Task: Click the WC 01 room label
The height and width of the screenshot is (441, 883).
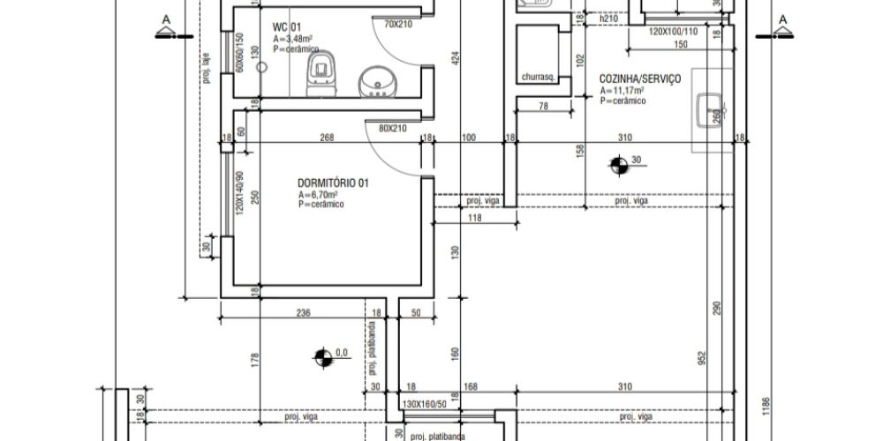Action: [x=287, y=27]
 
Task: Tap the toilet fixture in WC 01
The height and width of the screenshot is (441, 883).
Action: [x=321, y=73]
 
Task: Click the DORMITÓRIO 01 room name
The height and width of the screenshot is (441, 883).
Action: [x=333, y=183]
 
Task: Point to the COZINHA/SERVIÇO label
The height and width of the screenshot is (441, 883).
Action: [x=639, y=78]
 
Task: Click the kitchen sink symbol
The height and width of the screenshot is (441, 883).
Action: [x=711, y=110]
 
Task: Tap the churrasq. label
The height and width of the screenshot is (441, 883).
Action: [x=540, y=78]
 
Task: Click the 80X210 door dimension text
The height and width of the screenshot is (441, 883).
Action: [x=393, y=128]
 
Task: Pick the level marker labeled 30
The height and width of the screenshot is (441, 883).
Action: [x=619, y=166]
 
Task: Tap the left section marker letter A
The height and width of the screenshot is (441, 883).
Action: [x=166, y=19]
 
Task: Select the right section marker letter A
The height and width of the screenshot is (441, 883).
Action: [x=782, y=19]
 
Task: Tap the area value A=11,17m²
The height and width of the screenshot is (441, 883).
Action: [x=623, y=91]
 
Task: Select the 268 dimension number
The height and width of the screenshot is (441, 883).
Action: [x=327, y=138]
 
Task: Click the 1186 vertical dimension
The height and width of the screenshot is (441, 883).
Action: [x=765, y=407]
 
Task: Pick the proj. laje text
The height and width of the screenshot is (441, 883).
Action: [x=206, y=70]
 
